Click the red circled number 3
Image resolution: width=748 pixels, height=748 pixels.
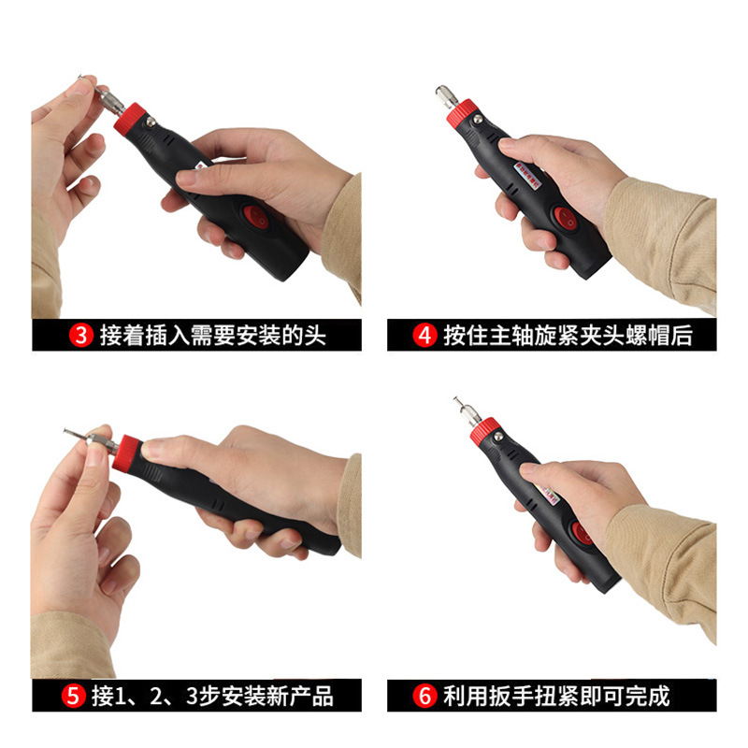tap(81, 336)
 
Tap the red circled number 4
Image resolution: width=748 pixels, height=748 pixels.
tap(424, 336)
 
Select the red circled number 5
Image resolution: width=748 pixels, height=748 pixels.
tap(73, 696)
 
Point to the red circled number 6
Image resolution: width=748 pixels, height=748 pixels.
tap(424, 696)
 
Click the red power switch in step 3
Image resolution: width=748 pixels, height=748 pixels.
tap(255, 217)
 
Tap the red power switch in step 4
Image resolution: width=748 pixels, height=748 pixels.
tap(567, 219)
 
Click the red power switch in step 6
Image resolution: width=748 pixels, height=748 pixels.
tap(582, 533)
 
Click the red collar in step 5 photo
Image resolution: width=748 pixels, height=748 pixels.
tap(126, 453)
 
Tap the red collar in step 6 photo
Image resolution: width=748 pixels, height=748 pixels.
tap(484, 431)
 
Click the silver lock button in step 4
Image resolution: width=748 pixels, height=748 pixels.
tap(477, 120)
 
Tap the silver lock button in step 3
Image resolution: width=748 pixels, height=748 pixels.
tap(151, 122)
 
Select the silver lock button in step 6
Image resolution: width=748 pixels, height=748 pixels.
tap(498, 437)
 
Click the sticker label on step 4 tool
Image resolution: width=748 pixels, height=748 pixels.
tap(529, 175)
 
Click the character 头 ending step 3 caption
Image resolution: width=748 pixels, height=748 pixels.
tap(315, 336)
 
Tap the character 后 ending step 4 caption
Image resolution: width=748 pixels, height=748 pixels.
tap(682, 336)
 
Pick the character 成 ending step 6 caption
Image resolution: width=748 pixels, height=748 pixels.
tap(658, 696)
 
